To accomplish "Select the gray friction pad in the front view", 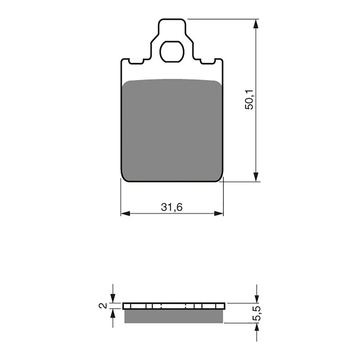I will pyautogui.click(x=172, y=130).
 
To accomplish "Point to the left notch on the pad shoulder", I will pyautogui.click(x=136, y=61).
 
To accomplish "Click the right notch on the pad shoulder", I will pyautogui.click(x=207, y=61).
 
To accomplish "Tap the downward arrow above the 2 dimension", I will pyautogui.click(x=112, y=297).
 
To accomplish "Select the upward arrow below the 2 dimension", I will pyautogui.click(x=112, y=315).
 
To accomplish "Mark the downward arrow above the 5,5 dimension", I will pyautogui.click(x=256, y=297).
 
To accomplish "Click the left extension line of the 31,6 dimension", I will pyautogui.click(x=121, y=198).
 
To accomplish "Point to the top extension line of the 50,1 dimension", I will pyautogui.click(x=220, y=19).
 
